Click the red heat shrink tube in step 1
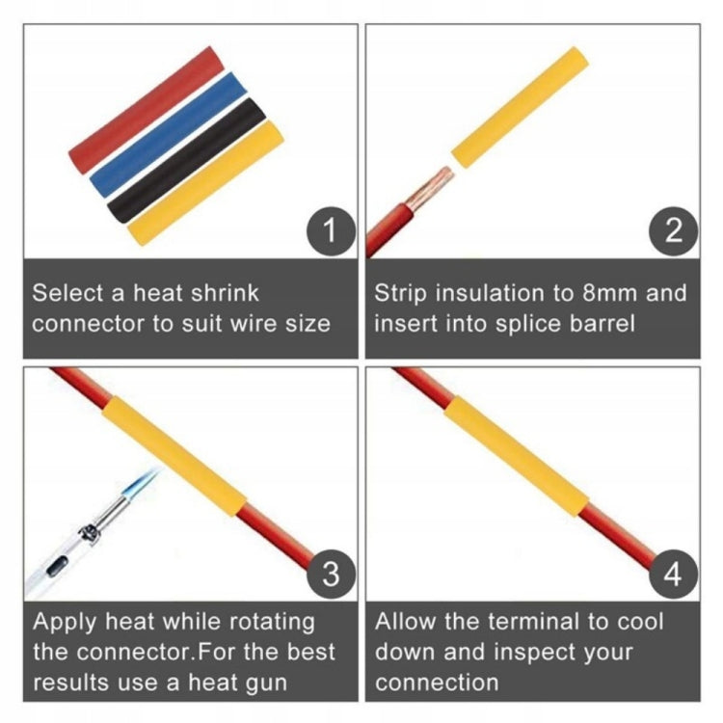tap(147, 110)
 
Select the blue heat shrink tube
tap(169, 134)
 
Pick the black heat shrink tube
tap(187, 160)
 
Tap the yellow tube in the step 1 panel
tap(205, 183)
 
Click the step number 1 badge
tap(331, 231)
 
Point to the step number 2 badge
tap(673, 231)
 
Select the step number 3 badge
tap(331, 575)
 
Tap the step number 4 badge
tap(673, 575)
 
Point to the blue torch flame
tap(143, 481)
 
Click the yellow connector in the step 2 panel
tap(520, 110)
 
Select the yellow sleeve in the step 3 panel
tap(174, 457)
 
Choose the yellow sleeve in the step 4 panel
tap(517, 457)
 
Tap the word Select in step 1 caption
tap(68, 293)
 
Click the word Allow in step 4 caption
tap(405, 622)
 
